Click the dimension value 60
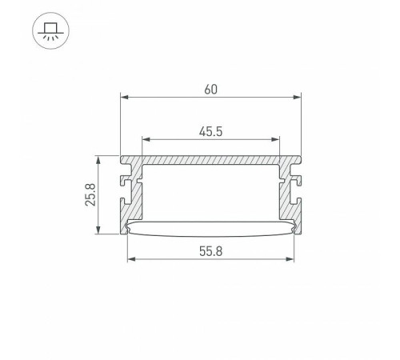click(x=210, y=90)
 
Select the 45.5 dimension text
click(x=210, y=132)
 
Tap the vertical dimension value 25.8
click(x=90, y=194)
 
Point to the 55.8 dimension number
click(x=210, y=251)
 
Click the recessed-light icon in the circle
click(x=50, y=30)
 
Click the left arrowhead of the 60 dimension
click(x=124, y=97)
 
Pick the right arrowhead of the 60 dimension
click(x=297, y=97)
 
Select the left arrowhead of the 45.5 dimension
click(x=146, y=139)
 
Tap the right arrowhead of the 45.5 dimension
click(x=275, y=139)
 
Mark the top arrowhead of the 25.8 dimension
click(x=98, y=160)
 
